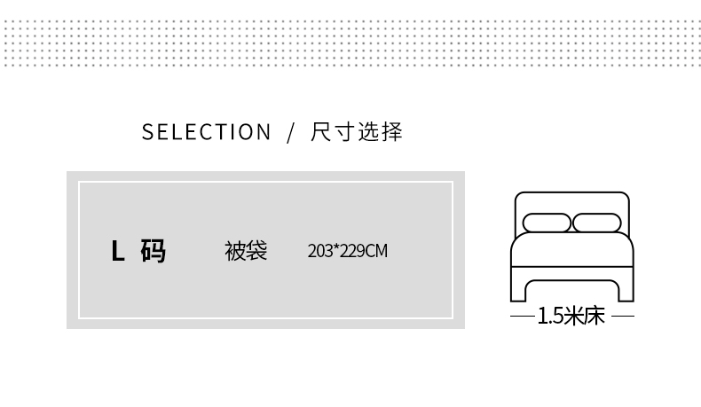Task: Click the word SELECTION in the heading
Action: click(x=206, y=133)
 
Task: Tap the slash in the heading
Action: click(x=290, y=133)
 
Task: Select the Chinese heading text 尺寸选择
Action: click(x=357, y=133)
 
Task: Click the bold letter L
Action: click(x=117, y=252)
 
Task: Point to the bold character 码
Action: click(x=153, y=252)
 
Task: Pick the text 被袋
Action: click(x=246, y=251)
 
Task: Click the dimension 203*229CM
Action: click(x=347, y=251)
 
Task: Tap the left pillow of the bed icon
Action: click(x=547, y=223)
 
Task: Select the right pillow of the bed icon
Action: click(x=595, y=223)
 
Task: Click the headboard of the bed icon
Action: click(x=571, y=201)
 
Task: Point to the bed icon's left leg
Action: click(x=517, y=289)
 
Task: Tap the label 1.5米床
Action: click(x=571, y=317)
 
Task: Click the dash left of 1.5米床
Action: click(x=522, y=317)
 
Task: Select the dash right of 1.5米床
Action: click(x=623, y=317)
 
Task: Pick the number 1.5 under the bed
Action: click(x=549, y=317)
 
